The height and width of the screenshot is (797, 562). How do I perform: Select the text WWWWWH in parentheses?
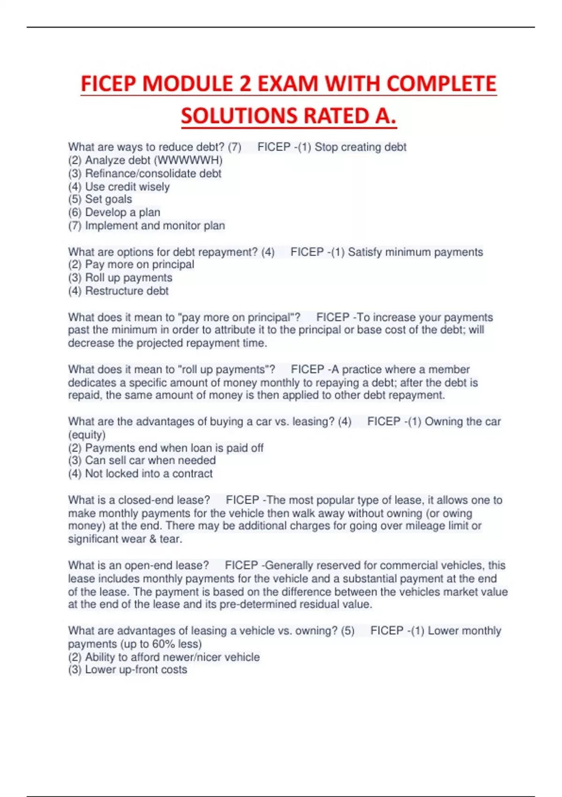click(188, 160)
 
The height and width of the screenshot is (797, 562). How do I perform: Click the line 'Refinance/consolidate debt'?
click(153, 173)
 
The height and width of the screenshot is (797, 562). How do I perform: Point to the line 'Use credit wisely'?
click(127, 187)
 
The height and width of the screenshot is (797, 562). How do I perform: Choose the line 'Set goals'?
click(108, 199)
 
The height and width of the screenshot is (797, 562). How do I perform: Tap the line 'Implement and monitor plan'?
click(155, 226)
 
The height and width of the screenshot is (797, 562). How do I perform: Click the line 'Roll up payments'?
click(128, 278)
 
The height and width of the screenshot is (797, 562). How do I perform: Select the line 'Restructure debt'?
click(126, 291)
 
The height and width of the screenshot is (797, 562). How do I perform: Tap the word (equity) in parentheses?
click(87, 435)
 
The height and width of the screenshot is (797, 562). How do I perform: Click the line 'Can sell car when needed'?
click(150, 460)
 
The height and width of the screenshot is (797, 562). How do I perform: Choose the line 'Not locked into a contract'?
click(148, 474)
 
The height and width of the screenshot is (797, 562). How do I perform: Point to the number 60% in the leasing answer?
click(163, 644)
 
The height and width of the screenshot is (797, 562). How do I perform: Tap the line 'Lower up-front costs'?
click(136, 669)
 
